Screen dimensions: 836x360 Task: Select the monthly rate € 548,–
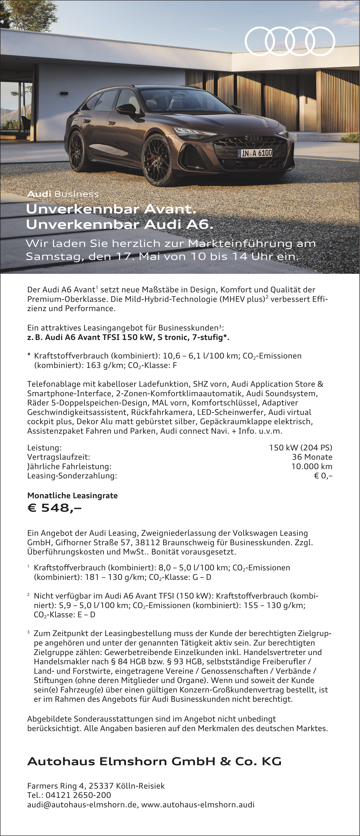tap(54, 508)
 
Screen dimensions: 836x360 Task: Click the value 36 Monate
tap(312, 457)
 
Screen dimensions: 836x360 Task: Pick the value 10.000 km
tap(312, 466)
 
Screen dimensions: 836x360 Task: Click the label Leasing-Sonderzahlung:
tap(72, 476)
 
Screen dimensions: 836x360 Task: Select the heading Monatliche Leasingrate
tap(72, 496)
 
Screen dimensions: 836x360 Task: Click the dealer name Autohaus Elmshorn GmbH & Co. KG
tap(154, 761)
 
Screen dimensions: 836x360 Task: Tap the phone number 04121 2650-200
tap(78, 795)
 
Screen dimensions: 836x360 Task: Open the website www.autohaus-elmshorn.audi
tap(198, 804)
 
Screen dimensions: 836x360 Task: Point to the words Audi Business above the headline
tap(63, 194)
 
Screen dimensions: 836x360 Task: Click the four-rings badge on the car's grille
tap(253, 139)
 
